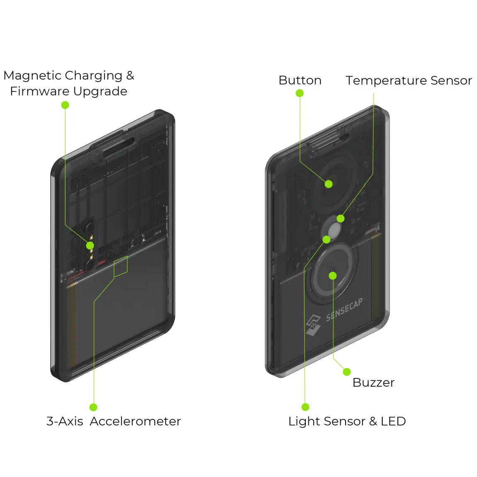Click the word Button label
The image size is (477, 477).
(300, 80)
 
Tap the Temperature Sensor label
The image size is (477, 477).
(409, 80)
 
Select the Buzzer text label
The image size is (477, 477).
(373, 382)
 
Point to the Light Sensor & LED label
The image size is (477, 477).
(347, 421)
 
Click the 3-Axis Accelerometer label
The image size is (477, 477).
(114, 421)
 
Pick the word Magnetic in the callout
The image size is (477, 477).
(32, 75)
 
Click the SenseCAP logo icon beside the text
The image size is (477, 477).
(313, 325)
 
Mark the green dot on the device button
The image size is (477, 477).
(329, 184)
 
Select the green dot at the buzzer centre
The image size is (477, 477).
(332, 276)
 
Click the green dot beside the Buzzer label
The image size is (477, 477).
(347, 372)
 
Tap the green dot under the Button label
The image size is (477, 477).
(300, 93)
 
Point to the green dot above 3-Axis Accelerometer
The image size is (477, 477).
(94, 407)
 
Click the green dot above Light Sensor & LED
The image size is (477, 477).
(305, 407)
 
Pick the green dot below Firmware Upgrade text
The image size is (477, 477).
(65, 105)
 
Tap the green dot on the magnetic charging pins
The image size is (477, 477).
(90, 246)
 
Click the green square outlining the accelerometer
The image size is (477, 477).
(121, 266)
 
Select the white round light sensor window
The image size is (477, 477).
(334, 229)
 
